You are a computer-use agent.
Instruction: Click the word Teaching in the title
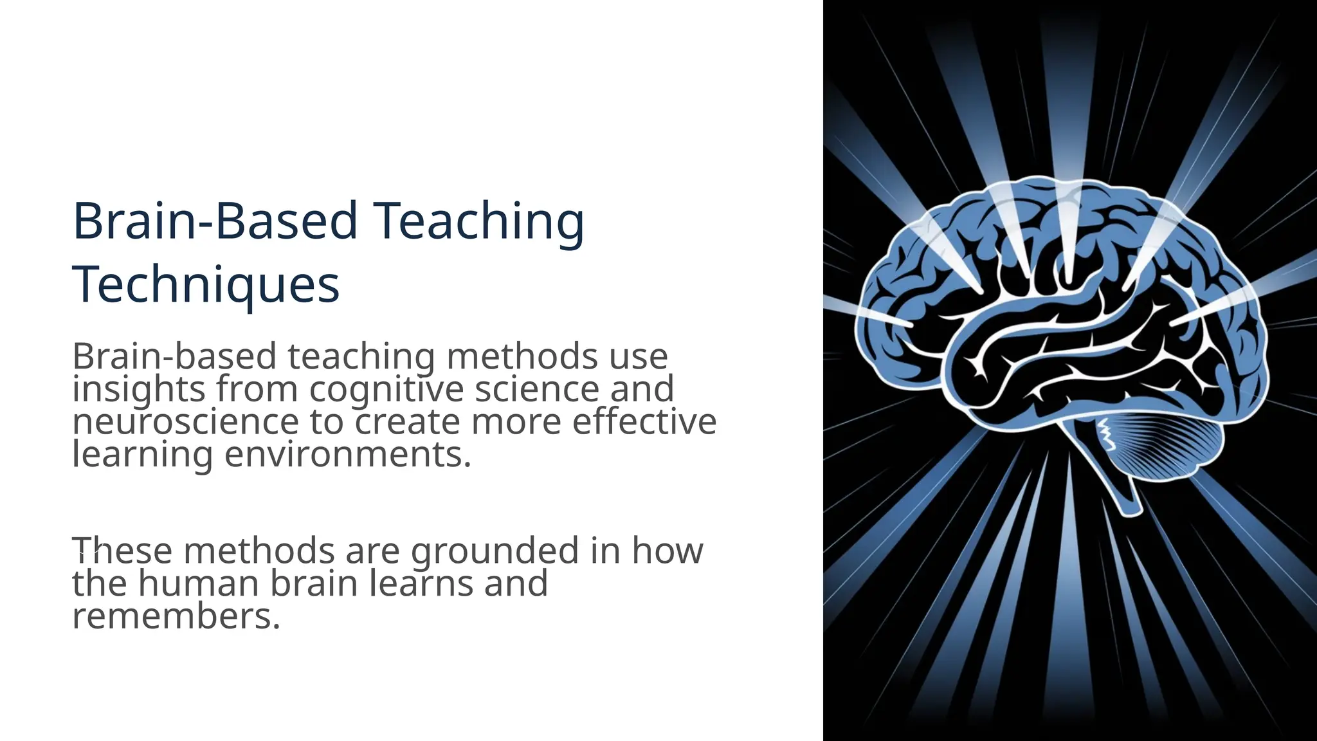coord(479,221)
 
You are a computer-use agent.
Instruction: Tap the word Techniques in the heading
coord(206,285)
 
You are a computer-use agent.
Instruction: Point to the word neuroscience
coord(185,423)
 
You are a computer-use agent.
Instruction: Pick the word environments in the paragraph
coord(348,455)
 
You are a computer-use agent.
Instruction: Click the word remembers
coord(176,616)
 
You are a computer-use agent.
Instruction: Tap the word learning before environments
coord(142,455)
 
